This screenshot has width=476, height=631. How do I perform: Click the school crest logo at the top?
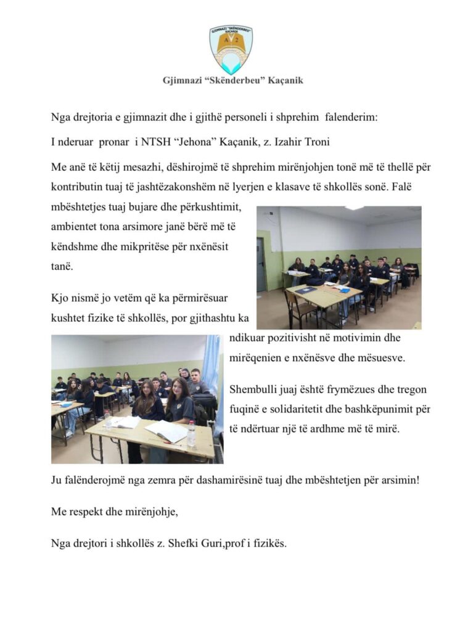pyautogui.click(x=231, y=49)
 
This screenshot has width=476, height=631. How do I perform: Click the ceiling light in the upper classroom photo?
pyautogui.click(x=354, y=208)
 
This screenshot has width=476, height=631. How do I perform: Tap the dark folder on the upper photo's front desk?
pyautogui.click(x=305, y=290)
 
